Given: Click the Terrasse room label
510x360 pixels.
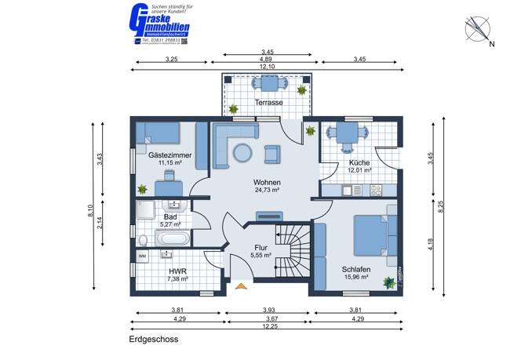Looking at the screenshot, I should coord(268,103).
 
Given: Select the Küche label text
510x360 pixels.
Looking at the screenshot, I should coord(359,161).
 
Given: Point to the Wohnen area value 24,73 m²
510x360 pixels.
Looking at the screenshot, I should coord(268,190).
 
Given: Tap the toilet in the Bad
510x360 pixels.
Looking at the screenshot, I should coord(143,239).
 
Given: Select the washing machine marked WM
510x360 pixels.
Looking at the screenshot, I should coord(143,256).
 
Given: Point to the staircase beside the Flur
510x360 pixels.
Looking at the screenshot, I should coord(290,250).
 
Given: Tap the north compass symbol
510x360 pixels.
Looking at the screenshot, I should coord(478,31).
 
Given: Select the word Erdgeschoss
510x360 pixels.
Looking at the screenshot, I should coord(154,340).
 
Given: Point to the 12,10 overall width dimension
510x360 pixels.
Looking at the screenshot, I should coord(268,67).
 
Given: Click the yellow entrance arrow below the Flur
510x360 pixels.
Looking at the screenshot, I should coord(240,287).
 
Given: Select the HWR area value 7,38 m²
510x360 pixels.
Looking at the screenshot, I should coord(179,278).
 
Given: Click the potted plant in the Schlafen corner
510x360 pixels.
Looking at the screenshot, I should coord(388,281).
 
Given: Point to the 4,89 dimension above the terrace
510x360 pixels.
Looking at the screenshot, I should coord(268,59).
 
